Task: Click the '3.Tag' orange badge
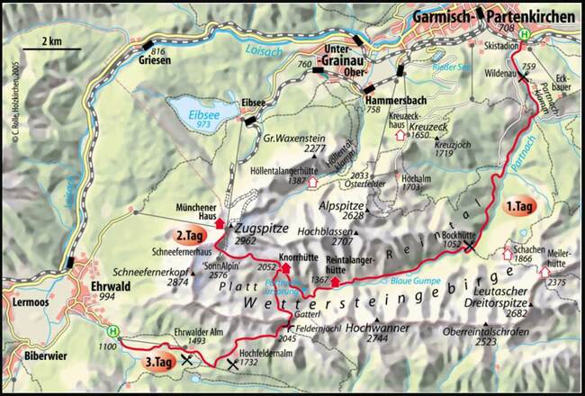click(x=161, y=362)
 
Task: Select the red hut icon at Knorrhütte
click(x=286, y=268)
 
